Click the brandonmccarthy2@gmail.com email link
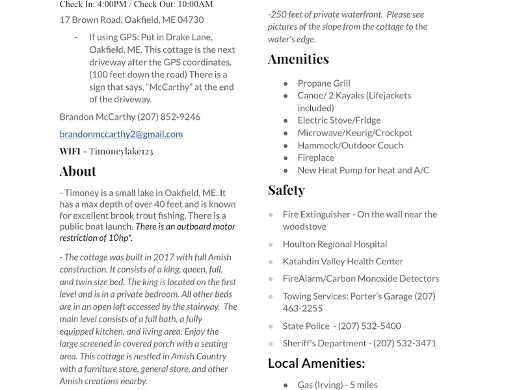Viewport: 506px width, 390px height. [x=121, y=134]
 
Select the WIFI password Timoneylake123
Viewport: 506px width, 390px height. [x=121, y=151]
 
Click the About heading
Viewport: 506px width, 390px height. [x=77, y=171]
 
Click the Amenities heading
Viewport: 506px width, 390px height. [x=298, y=59]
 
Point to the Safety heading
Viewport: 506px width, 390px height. [x=286, y=190]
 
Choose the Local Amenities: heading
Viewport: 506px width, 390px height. [x=316, y=363]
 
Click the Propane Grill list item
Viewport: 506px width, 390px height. [x=323, y=83]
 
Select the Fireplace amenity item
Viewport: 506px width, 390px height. [x=315, y=158]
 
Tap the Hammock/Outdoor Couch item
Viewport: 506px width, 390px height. [x=350, y=145]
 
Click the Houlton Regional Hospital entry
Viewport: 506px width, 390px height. [x=334, y=244]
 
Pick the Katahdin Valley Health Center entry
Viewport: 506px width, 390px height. [x=343, y=261]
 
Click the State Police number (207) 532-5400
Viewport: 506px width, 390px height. [x=369, y=326]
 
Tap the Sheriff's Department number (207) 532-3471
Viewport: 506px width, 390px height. [x=405, y=343]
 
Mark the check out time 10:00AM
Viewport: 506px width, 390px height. [x=196, y=5]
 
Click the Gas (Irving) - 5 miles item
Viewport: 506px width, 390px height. [x=337, y=385]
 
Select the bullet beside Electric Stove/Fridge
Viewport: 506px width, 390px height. [x=286, y=121]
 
